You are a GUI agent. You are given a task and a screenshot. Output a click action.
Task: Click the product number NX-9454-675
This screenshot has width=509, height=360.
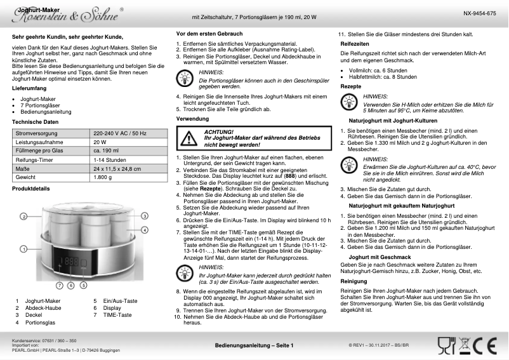(479, 13)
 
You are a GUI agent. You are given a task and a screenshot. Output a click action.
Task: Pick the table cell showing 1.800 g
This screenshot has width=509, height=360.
(102, 177)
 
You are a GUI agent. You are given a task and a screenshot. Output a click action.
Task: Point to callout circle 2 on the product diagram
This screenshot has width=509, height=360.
(23, 217)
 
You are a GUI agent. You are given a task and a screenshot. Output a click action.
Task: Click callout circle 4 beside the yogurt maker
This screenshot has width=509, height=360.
(144, 229)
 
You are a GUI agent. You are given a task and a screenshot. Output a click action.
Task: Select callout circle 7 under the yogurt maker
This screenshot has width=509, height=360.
(60, 286)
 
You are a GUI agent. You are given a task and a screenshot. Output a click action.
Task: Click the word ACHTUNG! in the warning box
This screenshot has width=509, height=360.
(218, 131)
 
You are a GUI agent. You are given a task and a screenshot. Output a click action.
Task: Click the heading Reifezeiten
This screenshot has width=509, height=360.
(355, 43)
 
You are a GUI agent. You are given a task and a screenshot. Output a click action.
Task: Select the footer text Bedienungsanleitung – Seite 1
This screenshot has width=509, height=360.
(254, 345)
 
